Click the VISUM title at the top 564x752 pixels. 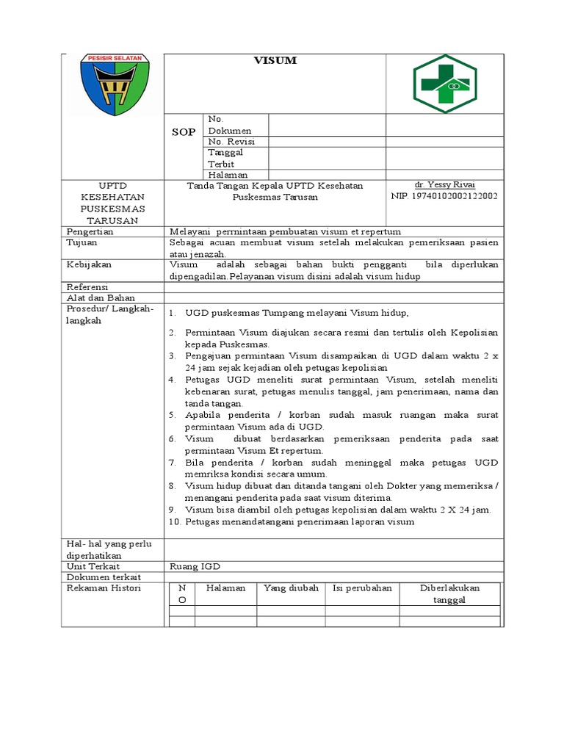tap(275, 61)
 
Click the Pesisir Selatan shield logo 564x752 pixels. tap(114, 84)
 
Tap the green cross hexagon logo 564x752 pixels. tap(445, 83)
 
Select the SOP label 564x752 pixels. tap(184, 131)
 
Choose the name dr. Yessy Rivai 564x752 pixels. tap(445, 185)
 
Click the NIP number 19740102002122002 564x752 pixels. tap(445, 196)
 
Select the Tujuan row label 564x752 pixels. tap(82, 242)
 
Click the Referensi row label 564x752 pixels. tap(87, 286)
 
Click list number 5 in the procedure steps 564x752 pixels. tap(172, 415)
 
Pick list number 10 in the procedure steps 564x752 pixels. tap(174, 522)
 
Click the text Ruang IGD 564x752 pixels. tap(195, 566)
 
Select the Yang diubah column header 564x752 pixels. tap(291, 588)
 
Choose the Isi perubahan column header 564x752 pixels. tap(362, 588)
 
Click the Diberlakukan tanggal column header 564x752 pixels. tap(449, 593)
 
